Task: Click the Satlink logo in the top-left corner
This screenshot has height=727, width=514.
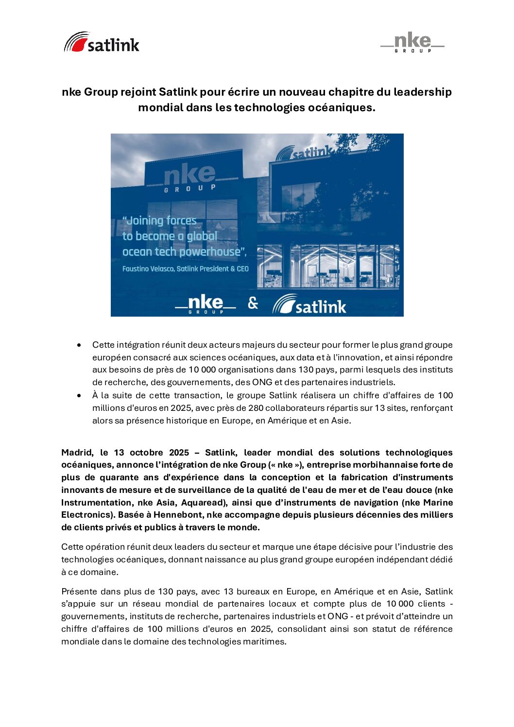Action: coord(102,43)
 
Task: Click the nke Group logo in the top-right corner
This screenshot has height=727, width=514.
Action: coord(412,43)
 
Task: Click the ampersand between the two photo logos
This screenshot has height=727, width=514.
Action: coord(253,303)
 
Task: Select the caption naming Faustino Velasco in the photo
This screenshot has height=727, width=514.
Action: coord(185,269)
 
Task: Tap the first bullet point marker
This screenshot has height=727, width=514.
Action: coord(79,345)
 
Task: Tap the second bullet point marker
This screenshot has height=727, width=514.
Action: coord(79,395)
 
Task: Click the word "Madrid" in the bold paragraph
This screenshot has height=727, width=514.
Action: coord(77,453)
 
